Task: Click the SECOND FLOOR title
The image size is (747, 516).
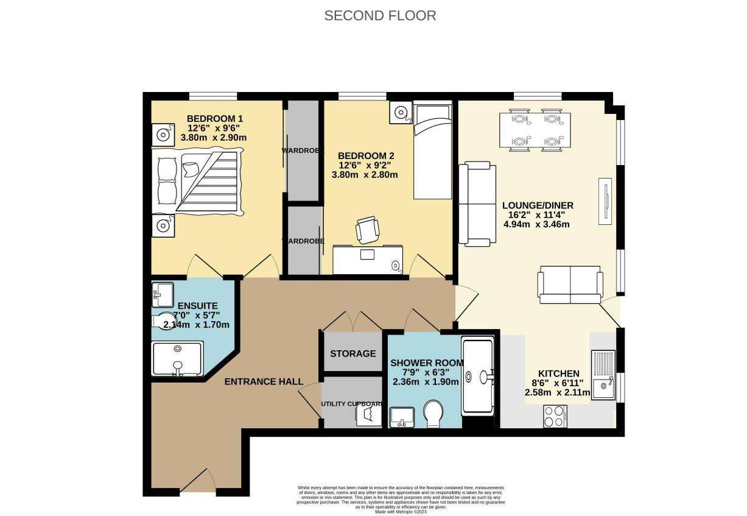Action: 380,16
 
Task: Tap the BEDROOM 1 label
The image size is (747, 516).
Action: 215,118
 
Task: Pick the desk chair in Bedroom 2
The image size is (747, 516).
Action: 368,230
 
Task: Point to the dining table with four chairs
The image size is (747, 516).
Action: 535,130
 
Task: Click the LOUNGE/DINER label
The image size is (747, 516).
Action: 538,205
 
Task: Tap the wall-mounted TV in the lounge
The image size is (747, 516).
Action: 605,201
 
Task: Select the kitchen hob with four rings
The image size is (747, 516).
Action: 555,417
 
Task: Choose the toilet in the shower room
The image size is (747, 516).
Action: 434,413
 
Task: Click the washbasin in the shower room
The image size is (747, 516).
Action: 401,417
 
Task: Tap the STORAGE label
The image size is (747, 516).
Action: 352,353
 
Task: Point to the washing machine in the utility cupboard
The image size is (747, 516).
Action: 368,414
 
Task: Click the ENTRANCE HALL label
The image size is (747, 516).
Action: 264,381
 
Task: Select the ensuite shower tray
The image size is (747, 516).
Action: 177,358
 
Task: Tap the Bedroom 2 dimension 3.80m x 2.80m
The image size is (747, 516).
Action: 364,175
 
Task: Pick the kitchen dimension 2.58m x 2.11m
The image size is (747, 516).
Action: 557,393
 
